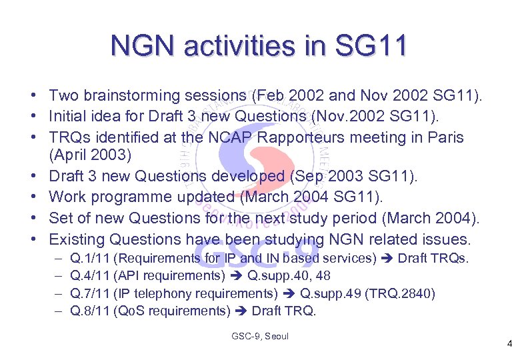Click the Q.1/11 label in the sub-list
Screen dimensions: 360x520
[x=90, y=258]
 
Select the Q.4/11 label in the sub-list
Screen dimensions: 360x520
[x=90, y=276]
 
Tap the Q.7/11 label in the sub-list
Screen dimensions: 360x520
[x=90, y=293]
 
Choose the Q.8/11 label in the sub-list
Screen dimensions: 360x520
[x=90, y=311]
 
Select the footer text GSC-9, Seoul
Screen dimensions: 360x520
[x=259, y=336]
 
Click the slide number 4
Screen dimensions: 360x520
[x=509, y=345]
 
